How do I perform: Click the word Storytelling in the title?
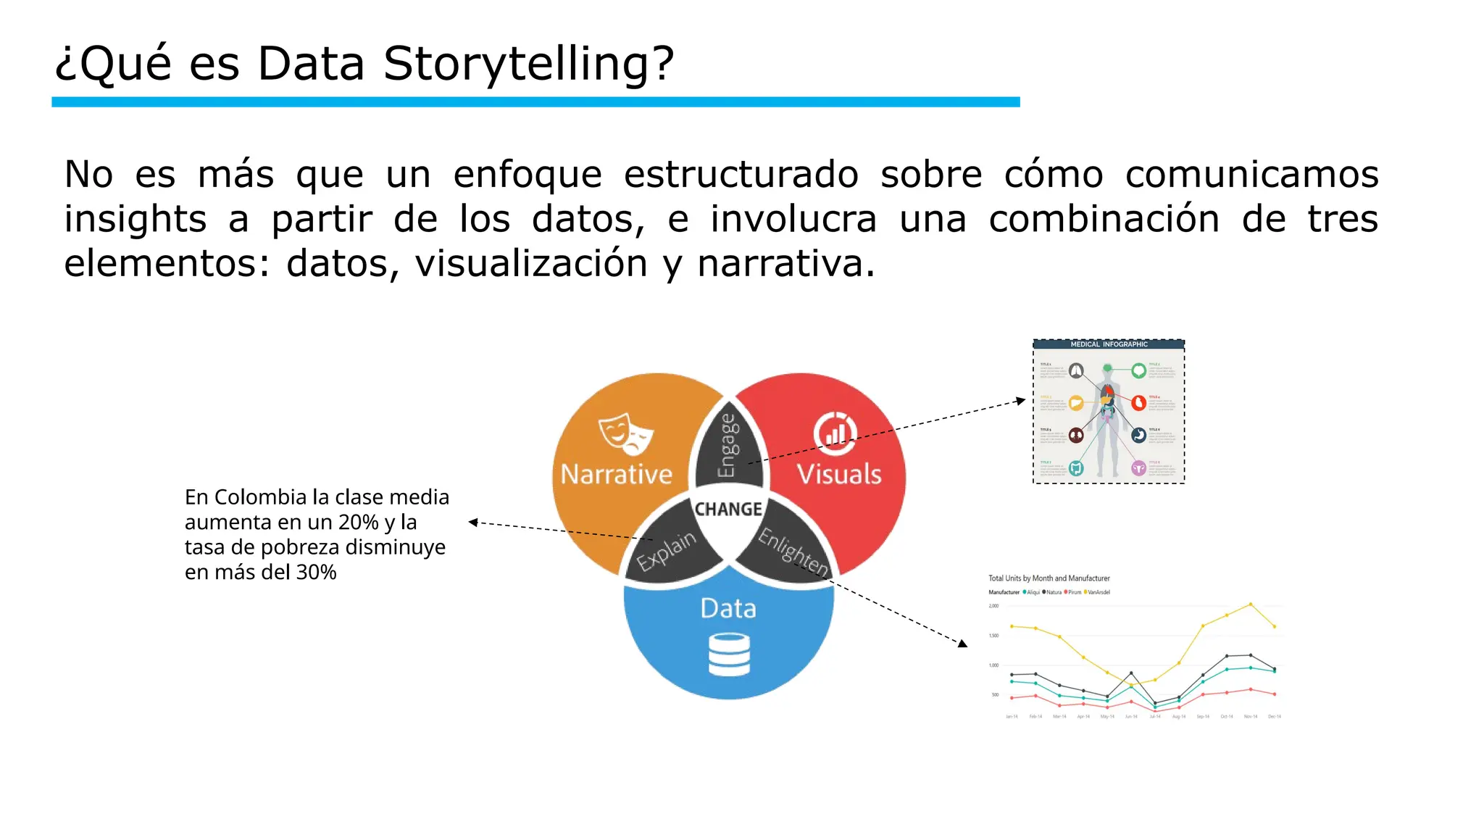(528, 64)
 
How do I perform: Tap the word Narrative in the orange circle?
(617, 474)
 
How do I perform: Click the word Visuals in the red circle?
(839, 474)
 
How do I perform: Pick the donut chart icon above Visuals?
(835, 433)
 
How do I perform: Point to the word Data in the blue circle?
(728, 608)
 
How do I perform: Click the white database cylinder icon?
(729, 655)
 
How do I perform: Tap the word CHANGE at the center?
(728, 510)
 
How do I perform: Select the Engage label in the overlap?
(728, 446)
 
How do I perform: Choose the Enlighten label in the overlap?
(793, 552)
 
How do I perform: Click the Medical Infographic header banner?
(1109, 344)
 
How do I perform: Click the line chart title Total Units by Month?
(1049, 578)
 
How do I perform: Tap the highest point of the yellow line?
(1250, 605)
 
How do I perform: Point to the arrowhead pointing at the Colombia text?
(472, 522)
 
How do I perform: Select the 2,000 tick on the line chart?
(993, 606)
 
